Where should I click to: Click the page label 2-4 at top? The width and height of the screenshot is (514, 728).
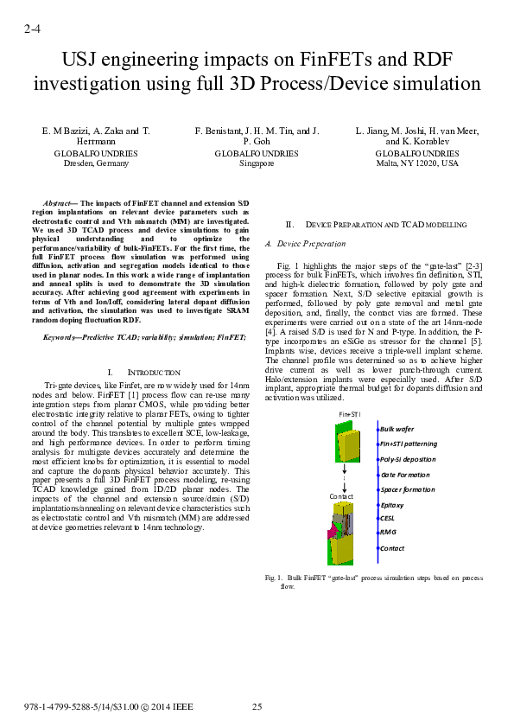(x=32, y=29)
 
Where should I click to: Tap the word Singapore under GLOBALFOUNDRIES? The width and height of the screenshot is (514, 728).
(x=257, y=163)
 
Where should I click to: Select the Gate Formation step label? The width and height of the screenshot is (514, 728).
(x=404, y=475)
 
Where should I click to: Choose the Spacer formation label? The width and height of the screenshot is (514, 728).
(x=407, y=489)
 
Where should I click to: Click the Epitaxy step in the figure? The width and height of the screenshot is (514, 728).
(x=392, y=504)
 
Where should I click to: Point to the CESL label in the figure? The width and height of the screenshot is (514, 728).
(x=387, y=518)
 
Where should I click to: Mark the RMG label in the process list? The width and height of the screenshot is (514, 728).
(x=387, y=532)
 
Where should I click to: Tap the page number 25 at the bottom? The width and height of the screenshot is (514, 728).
(x=257, y=707)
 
